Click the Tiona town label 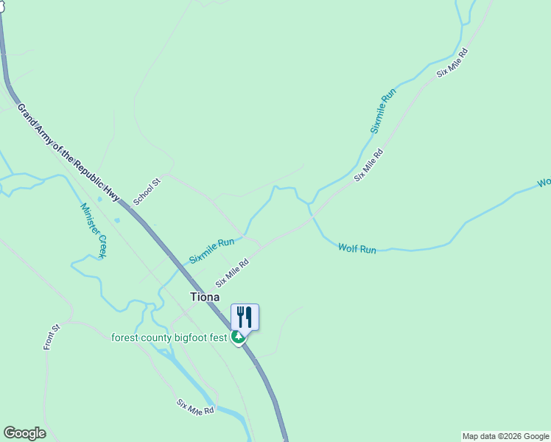pyautogui.click(x=204, y=297)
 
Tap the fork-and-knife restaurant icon pyautogui.click(x=245, y=317)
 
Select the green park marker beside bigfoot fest pyautogui.click(x=238, y=337)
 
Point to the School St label pyautogui.click(x=147, y=192)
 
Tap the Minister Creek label pyautogui.click(x=94, y=229)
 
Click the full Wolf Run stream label pyautogui.click(x=357, y=249)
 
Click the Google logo pyautogui.click(x=24, y=433)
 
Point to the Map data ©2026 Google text pyautogui.click(x=505, y=436)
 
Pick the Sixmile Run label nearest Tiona pyautogui.click(x=211, y=250)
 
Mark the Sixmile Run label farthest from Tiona pyautogui.click(x=383, y=110)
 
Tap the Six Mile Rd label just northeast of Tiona pyautogui.click(x=232, y=273)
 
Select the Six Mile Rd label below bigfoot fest pyautogui.click(x=195, y=406)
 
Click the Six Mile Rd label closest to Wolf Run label pyautogui.click(x=369, y=165)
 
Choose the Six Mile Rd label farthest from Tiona pyautogui.click(x=452, y=63)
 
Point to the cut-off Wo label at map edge pyautogui.click(x=544, y=182)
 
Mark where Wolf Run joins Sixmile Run pyautogui.click(x=311, y=205)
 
